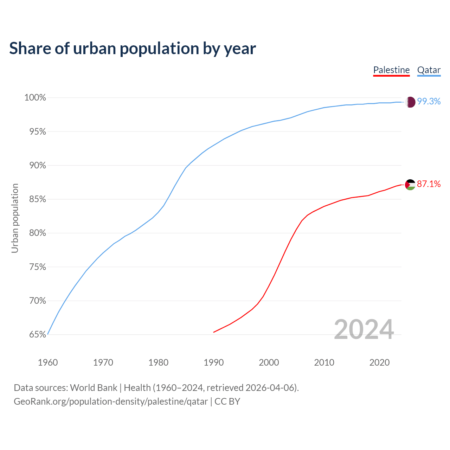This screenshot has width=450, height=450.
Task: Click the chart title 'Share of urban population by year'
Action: pos(132,49)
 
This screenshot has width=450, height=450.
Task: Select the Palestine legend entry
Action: pos(391,70)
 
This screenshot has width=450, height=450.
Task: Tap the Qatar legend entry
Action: pos(429,70)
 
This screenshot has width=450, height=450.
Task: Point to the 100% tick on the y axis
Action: pos(35,98)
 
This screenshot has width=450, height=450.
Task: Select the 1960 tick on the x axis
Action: pos(48,362)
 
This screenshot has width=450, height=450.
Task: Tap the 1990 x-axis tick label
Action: pos(214,362)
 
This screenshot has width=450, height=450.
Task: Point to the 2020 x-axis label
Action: pos(379,362)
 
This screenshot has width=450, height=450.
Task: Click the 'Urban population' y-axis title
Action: pos(15,218)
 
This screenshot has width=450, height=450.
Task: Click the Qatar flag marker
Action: pos(410,102)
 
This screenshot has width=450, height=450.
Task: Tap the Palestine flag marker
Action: pos(410,184)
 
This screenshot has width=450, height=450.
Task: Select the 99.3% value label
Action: pos(429,102)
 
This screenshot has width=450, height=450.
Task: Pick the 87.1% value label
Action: pos(429,184)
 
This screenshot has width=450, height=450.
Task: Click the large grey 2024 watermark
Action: pos(364,329)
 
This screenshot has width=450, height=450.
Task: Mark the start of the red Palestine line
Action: pos(214,332)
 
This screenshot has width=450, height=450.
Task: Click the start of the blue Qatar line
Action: pos(48,334)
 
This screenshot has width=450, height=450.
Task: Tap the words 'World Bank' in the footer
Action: pos(94,388)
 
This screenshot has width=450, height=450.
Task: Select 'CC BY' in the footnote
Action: pos(227,401)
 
